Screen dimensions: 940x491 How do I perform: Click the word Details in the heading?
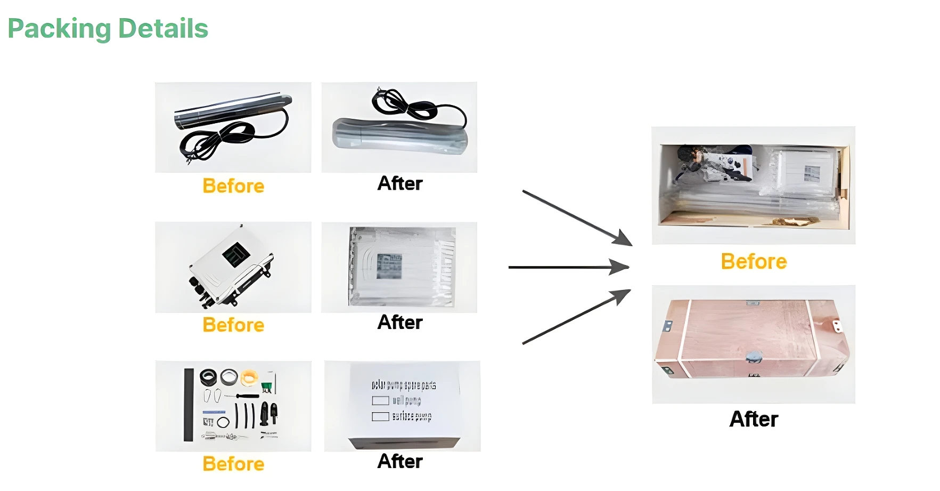tap(163, 29)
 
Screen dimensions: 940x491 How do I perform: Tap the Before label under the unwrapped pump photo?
tap(233, 186)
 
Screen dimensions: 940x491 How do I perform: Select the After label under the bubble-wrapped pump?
tap(399, 183)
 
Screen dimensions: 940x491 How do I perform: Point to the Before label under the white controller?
tap(233, 325)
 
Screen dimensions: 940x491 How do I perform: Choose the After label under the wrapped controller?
tap(399, 322)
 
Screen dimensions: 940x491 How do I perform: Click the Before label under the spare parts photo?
tap(233, 464)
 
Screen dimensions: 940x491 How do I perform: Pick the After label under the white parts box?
tap(399, 461)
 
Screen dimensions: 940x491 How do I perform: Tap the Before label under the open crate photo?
tap(754, 261)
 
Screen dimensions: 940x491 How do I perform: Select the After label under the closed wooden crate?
tap(754, 419)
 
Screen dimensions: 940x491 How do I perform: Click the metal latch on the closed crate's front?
tap(753, 356)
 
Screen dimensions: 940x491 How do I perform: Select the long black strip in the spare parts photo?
tap(189, 405)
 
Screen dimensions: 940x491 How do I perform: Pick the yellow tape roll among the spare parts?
tap(249, 377)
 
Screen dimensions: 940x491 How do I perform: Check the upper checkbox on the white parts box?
tap(380, 400)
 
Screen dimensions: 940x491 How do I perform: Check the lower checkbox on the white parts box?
tap(380, 416)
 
